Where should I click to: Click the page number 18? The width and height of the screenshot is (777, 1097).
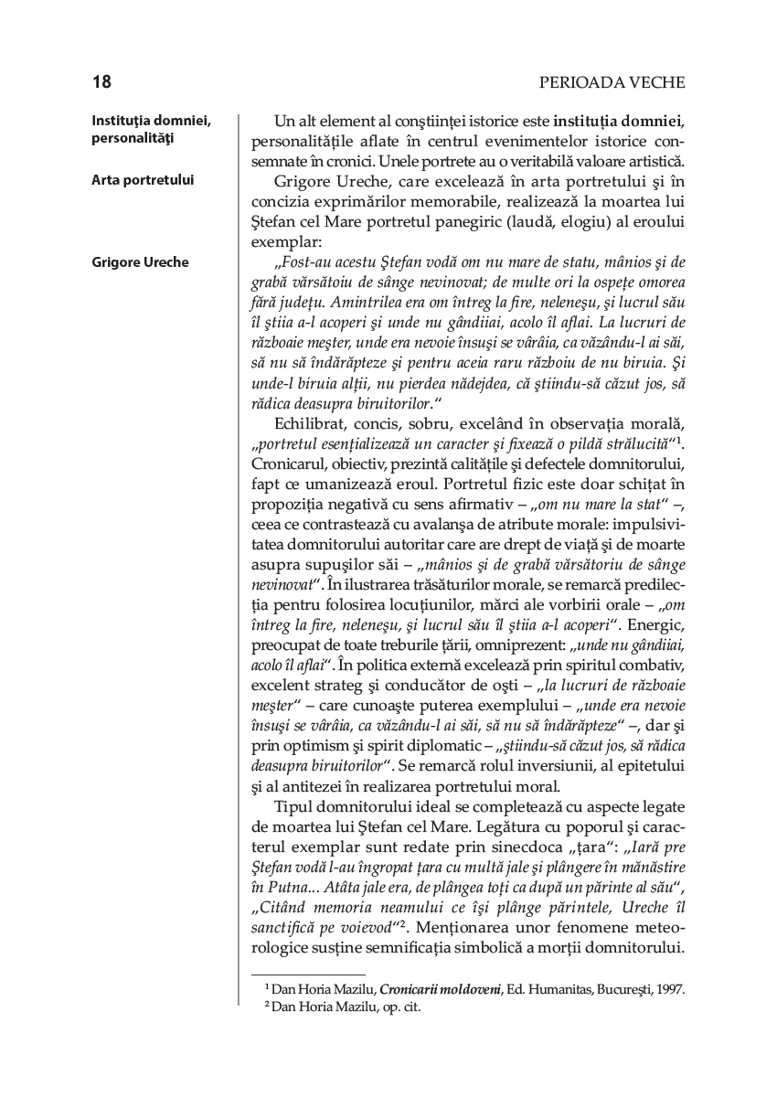coord(101,83)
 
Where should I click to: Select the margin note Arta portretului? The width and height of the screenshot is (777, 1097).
coord(143,180)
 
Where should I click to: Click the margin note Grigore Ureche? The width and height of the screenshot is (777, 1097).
coord(140,262)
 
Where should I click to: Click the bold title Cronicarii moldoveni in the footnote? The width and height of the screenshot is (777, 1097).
coord(439,989)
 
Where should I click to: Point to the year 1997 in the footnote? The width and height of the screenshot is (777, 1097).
coord(667,989)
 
